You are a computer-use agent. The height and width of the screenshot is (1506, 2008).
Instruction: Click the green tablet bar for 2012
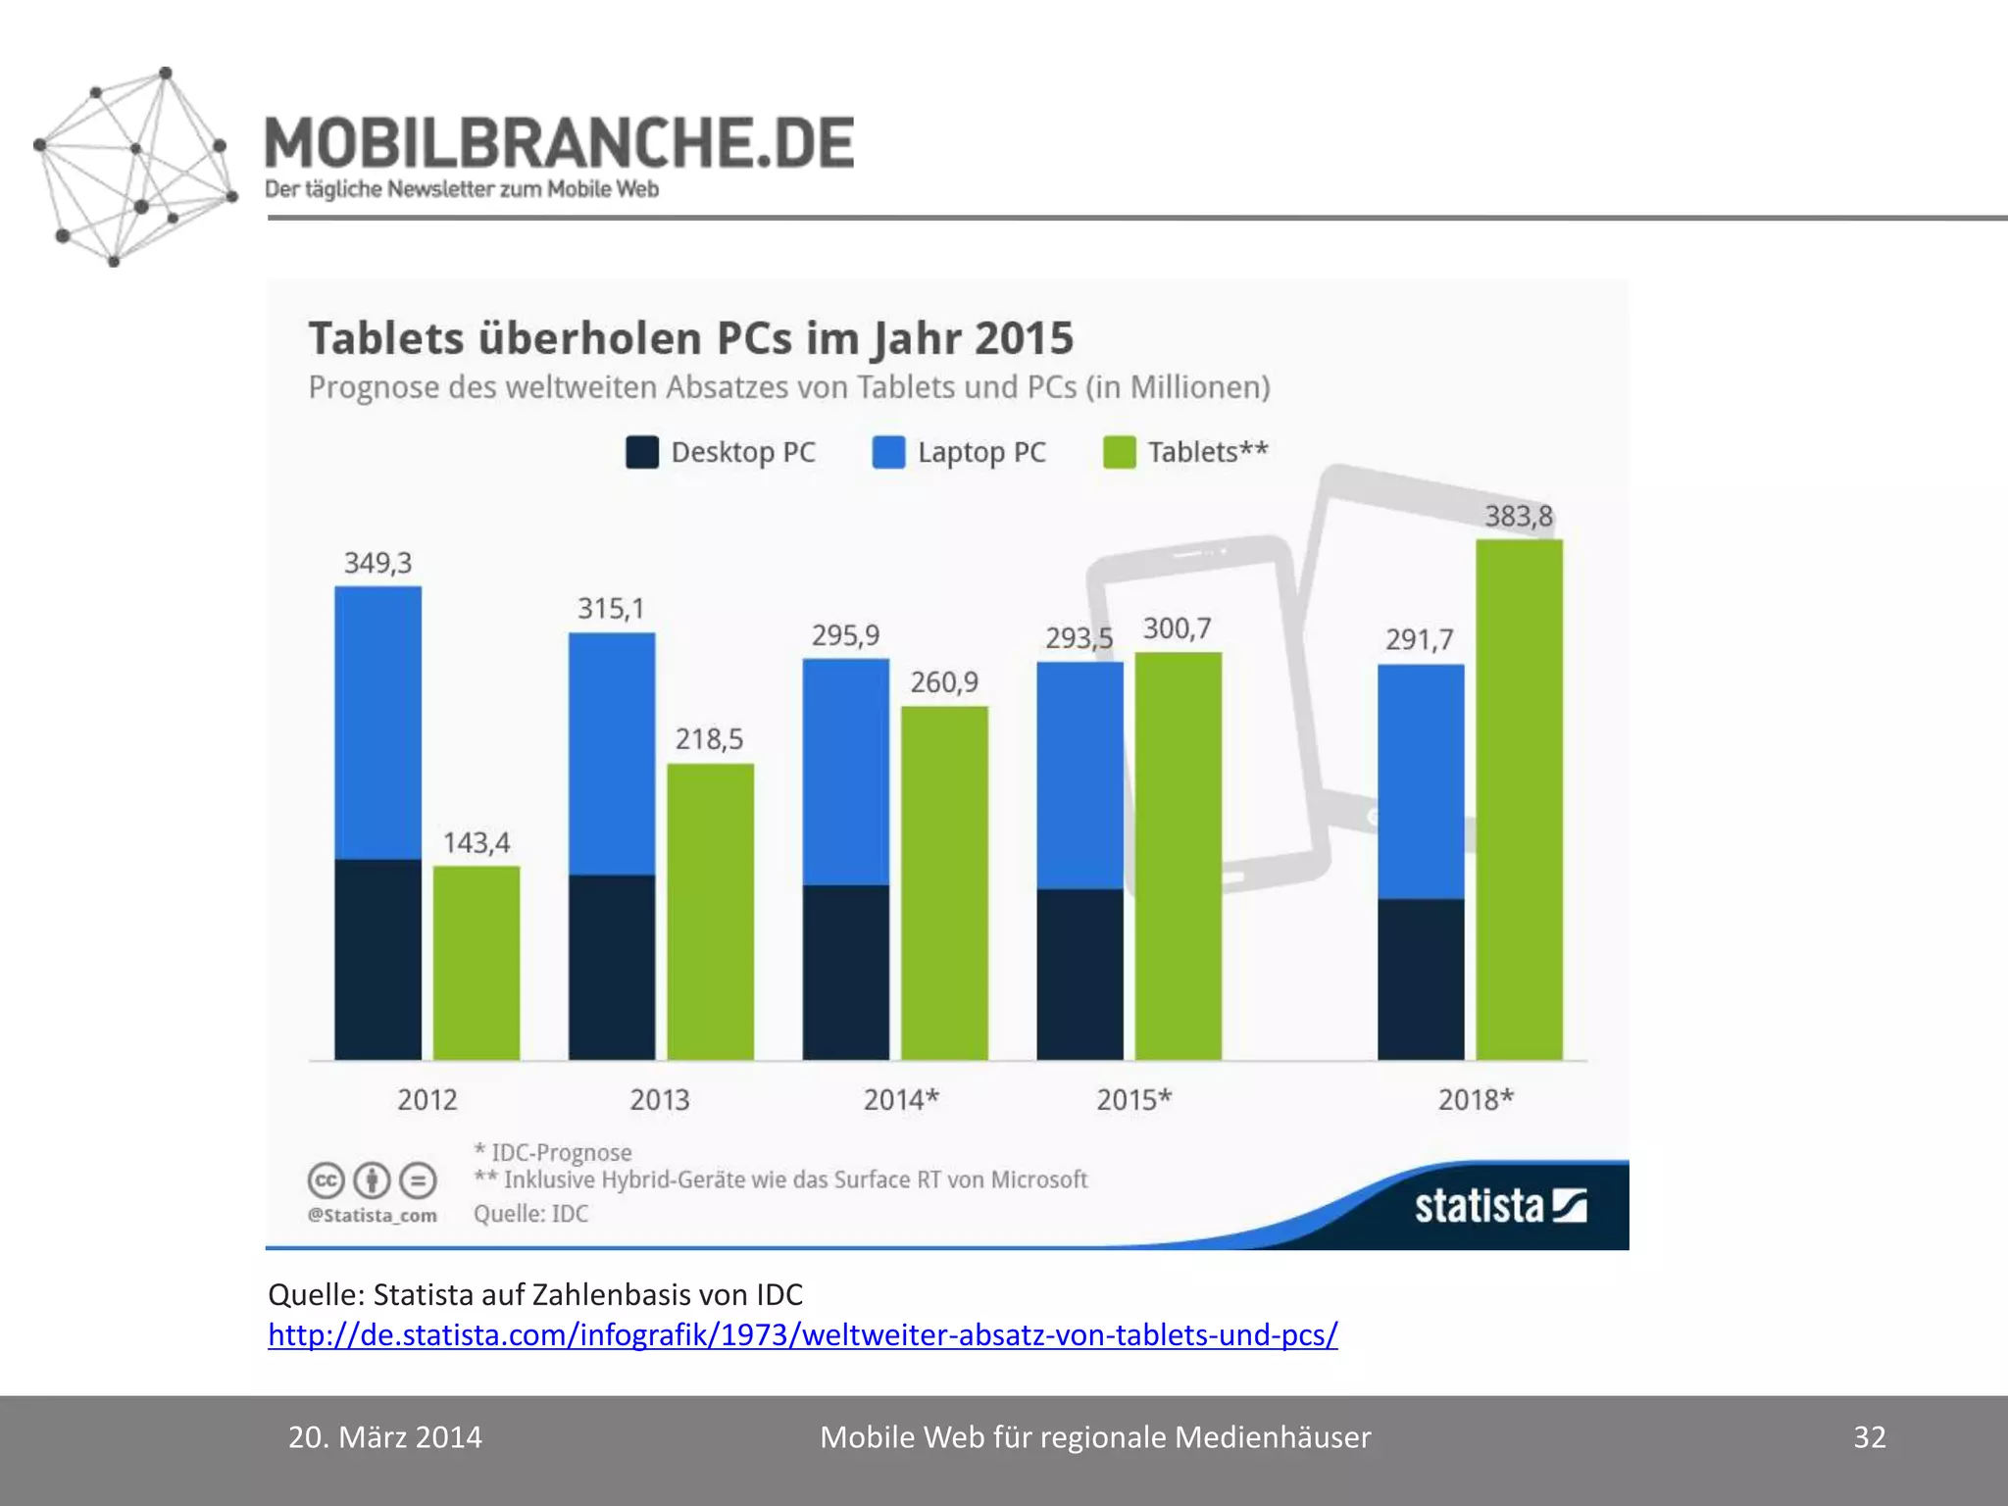click(x=477, y=963)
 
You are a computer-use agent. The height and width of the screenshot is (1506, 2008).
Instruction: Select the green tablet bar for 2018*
click(x=1519, y=799)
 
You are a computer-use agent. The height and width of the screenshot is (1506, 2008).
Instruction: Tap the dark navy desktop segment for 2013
click(x=612, y=967)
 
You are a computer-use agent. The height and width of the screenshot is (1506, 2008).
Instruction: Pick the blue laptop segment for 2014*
click(x=845, y=772)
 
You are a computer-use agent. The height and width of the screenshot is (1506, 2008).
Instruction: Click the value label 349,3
click(x=377, y=563)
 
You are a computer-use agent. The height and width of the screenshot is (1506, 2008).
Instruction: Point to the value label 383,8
click(x=1518, y=516)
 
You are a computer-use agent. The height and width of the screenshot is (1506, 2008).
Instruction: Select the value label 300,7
click(x=1177, y=628)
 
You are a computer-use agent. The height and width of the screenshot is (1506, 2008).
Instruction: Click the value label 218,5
click(x=709, y=739)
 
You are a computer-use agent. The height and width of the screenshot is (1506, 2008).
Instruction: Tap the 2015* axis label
click(x=1133, y=1100)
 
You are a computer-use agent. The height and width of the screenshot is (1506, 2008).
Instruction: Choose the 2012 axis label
click(x=427, y=1100)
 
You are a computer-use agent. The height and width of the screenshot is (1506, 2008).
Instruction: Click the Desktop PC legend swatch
click(x=642, y=452)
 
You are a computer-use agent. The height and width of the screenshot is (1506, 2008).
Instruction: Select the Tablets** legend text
click(x=1208, y=452)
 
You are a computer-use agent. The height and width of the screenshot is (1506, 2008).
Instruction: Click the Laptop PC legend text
click(x=981, y=452)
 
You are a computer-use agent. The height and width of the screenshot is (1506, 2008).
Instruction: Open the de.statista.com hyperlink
click(x=802, y=1335)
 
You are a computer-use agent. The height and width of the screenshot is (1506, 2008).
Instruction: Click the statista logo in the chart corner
click(x=1499, y=1206)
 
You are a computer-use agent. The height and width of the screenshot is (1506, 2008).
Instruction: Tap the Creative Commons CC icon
click(x=326, y=1180)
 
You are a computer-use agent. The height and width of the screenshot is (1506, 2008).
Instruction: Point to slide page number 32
click(x=1869, y=1437)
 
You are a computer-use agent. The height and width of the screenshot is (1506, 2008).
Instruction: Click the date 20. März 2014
click(x=385, y=1437)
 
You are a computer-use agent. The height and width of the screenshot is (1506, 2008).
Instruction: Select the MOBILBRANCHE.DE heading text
click(x=559, y=143)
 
